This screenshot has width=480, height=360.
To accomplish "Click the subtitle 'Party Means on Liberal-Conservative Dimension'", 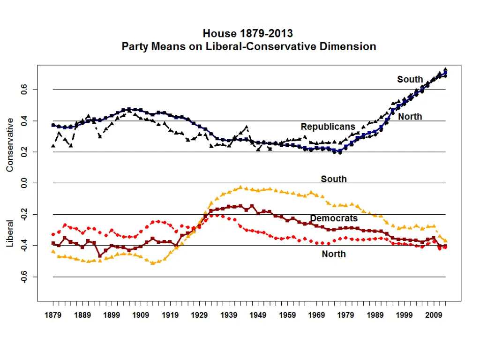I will coord(249,46).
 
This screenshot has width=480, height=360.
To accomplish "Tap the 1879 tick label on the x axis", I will coord(53,315).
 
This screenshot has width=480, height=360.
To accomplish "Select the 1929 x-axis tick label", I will coord(199,315).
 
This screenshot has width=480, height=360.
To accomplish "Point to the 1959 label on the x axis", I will coord(287,315).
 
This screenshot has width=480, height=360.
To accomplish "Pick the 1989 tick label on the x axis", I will coord(375,315).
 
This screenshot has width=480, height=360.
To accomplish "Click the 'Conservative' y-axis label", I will coord(10,145).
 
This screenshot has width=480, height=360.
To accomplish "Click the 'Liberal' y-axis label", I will coord(10,233).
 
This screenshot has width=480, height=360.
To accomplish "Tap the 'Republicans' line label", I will coord(328,127).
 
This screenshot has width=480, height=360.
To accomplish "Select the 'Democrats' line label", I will coord(334,218).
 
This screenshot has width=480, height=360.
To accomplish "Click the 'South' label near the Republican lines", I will coord(410,79).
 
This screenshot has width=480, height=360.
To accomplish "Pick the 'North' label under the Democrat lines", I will coord(334,254).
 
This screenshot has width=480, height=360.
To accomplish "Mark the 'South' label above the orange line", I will coord(334,179).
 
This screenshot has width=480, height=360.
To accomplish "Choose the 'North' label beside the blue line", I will coord(410,117).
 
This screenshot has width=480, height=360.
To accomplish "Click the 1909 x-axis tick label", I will coord(141,315).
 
